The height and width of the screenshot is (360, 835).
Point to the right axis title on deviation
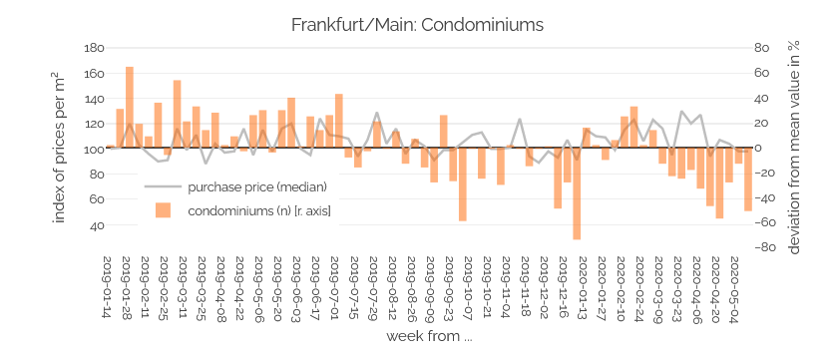[x=794, y=147]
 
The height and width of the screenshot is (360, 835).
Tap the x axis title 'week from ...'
[x=429, y=336]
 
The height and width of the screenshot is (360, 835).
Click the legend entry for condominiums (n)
[x=258, y=210]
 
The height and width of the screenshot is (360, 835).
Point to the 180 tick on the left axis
[x=93, y=48]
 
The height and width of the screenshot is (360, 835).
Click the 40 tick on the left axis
[x=97, y=225]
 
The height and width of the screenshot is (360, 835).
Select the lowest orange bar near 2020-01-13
[x=577, y=193]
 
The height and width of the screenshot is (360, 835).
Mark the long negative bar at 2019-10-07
[x=463, y=184]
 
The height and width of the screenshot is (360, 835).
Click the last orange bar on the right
[x=748, y=180]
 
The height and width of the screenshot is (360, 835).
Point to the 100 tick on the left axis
[x=93, y=150]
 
